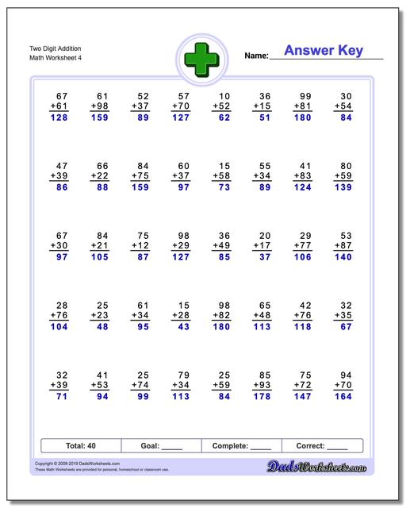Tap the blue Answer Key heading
[324, 51]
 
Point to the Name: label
[256, 56]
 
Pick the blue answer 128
[59, 118]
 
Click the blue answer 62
[224, 118]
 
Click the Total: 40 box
[80, 446]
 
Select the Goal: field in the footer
[162, 446]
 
